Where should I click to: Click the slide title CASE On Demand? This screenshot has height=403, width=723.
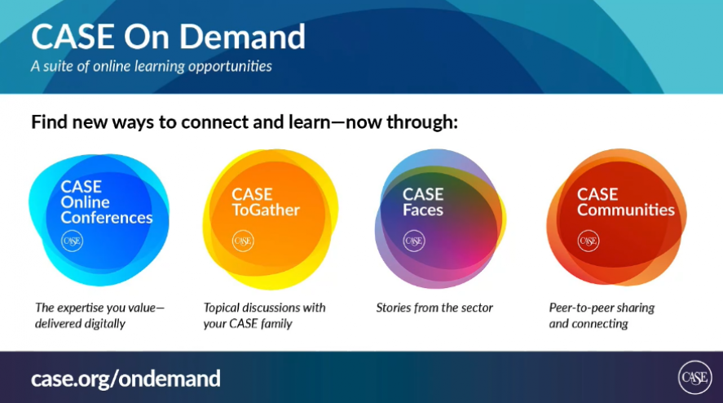[168, 37]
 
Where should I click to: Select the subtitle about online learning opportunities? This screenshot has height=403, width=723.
[152, 66]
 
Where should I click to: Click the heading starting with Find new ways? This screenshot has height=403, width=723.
[245, 122]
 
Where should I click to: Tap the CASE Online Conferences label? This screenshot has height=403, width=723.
[106, 202]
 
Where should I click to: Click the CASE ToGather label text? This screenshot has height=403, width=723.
[266, 202]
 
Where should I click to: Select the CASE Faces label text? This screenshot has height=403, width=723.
[423, 202]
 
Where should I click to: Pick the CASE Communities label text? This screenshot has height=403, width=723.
[626, 202]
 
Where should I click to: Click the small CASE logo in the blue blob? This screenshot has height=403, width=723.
[73, 241]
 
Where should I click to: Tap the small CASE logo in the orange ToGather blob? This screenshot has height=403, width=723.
[243, 241]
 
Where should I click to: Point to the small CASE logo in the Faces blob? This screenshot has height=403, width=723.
[414, 241]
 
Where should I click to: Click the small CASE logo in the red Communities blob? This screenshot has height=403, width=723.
[589, 241]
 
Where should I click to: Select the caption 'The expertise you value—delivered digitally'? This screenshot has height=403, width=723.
[99, 316]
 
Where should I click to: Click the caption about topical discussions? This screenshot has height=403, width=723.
[264, 316]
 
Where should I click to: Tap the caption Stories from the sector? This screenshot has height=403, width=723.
[434, 308]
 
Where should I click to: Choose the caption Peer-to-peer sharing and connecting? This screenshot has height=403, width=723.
[602, 316]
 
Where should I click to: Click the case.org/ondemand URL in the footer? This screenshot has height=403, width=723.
[126, 379]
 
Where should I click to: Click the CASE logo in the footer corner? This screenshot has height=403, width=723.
[694, 378]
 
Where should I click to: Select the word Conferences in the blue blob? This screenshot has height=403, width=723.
[107, 218]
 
